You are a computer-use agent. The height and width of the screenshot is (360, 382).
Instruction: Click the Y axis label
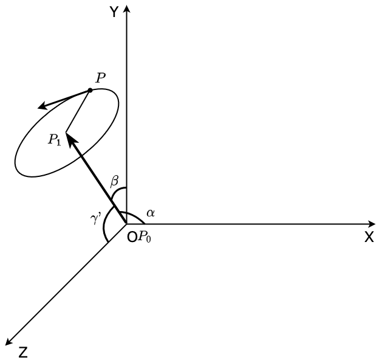tap(114, 12)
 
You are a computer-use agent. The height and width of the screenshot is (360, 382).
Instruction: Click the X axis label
tap(369, 237)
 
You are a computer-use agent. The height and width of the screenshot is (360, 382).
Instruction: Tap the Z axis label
tap(23, 353)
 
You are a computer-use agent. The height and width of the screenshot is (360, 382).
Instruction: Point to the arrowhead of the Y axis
tap(127, 9)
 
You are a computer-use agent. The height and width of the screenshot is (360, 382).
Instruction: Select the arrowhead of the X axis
tap(372, 224)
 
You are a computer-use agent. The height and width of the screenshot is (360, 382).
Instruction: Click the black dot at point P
tap(90, 90)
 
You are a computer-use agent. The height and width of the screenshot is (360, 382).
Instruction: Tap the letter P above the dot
tap(100, 78)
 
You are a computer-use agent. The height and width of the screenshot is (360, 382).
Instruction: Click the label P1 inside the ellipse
tap(55, 140)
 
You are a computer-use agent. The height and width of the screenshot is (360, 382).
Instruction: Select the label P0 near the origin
tap(145, 237)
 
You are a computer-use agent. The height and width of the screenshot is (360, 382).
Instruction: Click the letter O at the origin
tap(132, 237)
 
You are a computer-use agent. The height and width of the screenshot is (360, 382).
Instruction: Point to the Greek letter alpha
tap(151, 213)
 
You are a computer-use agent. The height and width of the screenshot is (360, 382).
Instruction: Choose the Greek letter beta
tap(114, 181)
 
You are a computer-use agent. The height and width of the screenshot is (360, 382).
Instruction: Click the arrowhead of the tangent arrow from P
tap(43, 106)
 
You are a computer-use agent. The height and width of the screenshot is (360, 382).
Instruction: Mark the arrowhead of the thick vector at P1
tap(70, 139)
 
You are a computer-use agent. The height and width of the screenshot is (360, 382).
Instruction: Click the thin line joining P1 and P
tap(78, 111)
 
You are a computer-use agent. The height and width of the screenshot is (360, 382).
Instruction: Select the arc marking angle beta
tap(118, 190)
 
